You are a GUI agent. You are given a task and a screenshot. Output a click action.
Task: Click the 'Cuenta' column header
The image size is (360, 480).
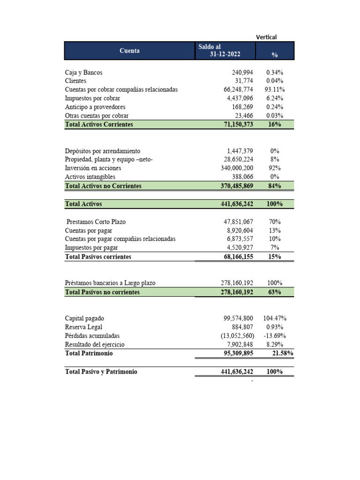pos(129,51)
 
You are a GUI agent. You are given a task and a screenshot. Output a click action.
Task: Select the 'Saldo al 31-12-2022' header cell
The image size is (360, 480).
pos(225,51)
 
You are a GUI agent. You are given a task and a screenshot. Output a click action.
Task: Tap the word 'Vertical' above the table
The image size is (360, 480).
pos(266,37)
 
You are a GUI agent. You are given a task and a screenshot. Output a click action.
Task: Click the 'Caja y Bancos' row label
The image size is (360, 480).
pos(83,73)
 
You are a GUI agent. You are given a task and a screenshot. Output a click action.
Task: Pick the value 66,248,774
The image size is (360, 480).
pos(239,90)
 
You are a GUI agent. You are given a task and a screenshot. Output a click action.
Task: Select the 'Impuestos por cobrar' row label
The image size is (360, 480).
pos(92,98)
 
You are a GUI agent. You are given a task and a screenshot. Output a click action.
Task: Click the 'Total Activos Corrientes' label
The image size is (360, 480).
pos(99,124)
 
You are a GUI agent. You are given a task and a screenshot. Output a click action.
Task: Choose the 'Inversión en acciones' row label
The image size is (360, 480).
pos(93,168)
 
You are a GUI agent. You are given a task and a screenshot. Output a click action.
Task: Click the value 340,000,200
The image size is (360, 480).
pos(237,168)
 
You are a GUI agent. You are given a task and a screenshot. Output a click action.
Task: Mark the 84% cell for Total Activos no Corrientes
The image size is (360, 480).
pos(275,186)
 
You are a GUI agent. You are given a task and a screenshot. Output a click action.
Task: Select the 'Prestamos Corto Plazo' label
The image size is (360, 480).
pos(96,222)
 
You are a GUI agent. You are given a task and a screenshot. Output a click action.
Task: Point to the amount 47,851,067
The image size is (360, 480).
pos(239,222)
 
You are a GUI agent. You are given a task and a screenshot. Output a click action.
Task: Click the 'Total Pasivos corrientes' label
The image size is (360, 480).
pos(98,257)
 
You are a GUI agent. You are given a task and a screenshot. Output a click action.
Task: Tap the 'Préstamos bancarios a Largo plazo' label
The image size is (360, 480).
pos(110,283)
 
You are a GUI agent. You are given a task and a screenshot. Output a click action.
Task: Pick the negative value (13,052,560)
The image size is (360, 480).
pos(237,336)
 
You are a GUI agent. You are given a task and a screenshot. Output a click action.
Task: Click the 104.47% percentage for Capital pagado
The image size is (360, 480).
pos(275,318)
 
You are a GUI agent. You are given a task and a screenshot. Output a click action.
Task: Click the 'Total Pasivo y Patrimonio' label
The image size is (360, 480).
pos(101,372)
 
